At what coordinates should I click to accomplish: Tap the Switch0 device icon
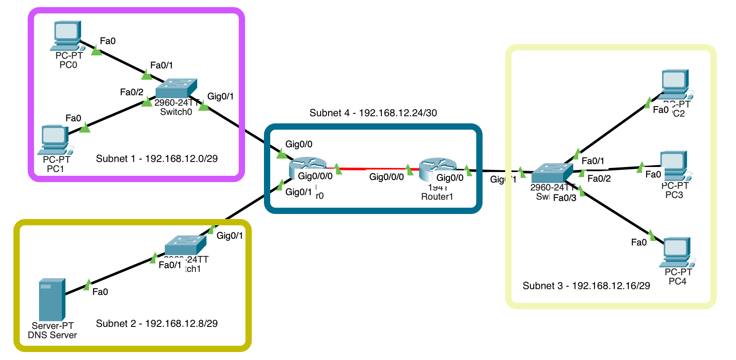(x=176, y=88)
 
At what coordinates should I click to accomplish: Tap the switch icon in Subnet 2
(x=185, y=245)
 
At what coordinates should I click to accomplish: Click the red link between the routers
(x=373, y=169)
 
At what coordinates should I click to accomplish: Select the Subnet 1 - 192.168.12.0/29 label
(x=157, y=159)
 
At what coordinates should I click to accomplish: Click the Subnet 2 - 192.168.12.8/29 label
(x=157, y=323)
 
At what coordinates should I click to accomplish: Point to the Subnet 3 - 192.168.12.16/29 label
(x=586, y=286)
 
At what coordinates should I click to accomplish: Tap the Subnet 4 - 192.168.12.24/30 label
(x=373, y=113)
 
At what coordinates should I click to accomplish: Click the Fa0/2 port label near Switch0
(x=131, y=92)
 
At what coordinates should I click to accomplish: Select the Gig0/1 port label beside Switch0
(x=220, y=97)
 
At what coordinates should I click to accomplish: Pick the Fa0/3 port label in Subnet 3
(x=564, y=198)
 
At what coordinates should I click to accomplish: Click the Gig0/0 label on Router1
(x=450, y=178)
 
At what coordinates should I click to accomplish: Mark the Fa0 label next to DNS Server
(x=100, y=292)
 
